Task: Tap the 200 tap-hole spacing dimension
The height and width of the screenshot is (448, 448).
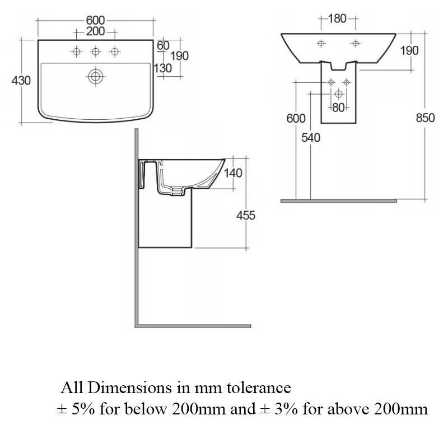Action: pos(95,31)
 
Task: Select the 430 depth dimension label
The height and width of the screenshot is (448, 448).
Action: pos(21,81)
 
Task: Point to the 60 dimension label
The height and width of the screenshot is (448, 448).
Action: pos(163,45)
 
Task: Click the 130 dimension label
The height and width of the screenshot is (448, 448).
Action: pos(163,68)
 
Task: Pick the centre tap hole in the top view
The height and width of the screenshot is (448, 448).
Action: pos(95,52)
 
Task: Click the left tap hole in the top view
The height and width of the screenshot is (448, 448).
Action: pos(76,52)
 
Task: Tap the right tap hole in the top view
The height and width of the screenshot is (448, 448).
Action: pos(115,52)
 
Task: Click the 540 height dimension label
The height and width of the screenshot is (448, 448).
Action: pos(310,138)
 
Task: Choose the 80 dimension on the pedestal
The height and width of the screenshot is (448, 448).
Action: pos(338,108)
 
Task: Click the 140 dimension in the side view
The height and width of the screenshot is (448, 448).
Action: pos(233,173)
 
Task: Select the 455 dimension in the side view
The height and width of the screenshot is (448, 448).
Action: pos(245,215)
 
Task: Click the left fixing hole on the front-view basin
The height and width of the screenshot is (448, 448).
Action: pos(321,43)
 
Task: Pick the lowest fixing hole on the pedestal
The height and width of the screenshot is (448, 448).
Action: pos(338,94)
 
